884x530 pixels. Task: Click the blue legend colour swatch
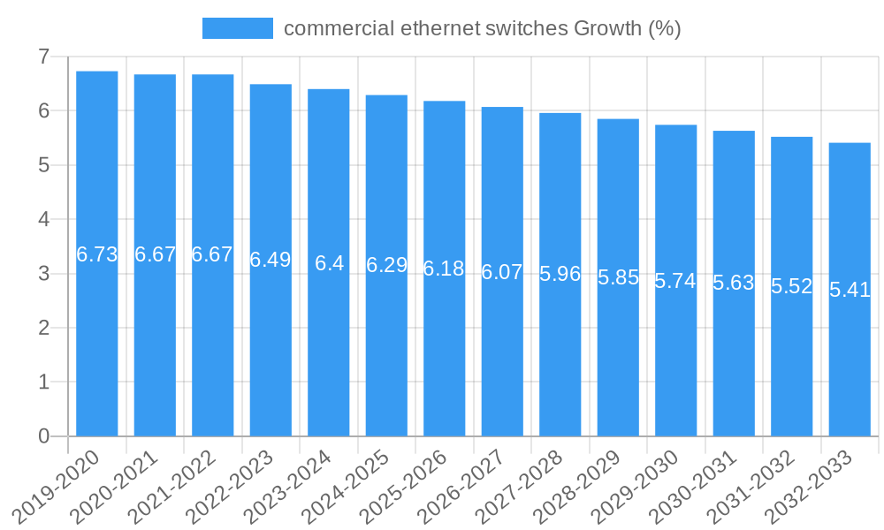point(237,28)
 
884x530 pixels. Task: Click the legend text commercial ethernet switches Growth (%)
point(482,28)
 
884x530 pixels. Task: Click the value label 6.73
point(97,255)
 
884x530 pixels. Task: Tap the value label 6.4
point(329,263)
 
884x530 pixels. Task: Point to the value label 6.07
point(502,272)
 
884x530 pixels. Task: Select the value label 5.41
point(850,290)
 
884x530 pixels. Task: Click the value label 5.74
point(675,281)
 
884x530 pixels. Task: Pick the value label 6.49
point(271,261)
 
